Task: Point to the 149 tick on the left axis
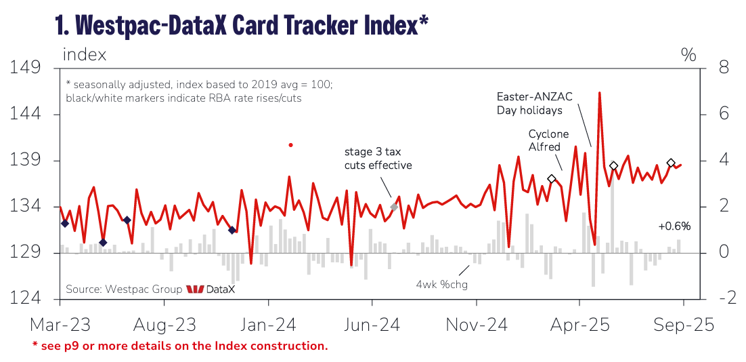[x=26, y=68]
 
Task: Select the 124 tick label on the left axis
[x=26, y=298]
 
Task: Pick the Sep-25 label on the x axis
[x=682, y=325]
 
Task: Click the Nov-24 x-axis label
[x=477, y=325]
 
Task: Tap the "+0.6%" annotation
[x=674, y=226]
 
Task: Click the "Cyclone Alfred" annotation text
[x=548, y=140]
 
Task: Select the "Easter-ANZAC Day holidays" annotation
[x=534, y=103]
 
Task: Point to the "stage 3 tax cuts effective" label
[x=378, y=158]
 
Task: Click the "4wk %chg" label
[x=441, y=284]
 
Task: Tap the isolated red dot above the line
[x=290, y=145]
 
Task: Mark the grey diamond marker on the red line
[x=394, y=207]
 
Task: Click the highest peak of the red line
[x=600, y=93]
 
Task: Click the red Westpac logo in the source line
[x=195, y=289]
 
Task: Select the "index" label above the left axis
[x=85, y=54]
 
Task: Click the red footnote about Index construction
[x=180, y=346]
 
